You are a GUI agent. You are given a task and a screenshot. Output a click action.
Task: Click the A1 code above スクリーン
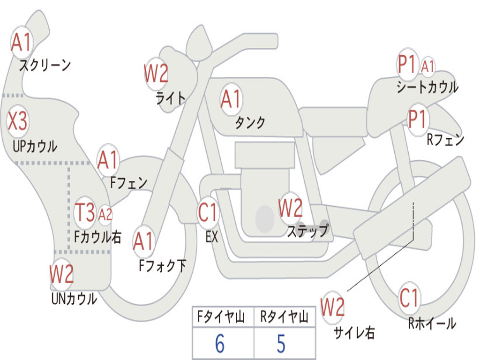point(21,42)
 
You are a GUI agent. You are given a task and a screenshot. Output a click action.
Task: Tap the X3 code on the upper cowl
point(17,120)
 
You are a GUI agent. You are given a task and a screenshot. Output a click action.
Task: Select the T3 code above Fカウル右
point(85,212)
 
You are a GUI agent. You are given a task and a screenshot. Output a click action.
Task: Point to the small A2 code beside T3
point(105,215)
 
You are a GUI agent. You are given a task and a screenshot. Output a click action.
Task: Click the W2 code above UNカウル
point(61,274)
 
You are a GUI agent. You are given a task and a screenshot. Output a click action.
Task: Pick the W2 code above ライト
point(156,73)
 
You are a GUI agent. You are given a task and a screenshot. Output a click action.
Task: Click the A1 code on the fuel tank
point(231,99)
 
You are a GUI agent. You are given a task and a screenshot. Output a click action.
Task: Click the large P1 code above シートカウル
point(406,64)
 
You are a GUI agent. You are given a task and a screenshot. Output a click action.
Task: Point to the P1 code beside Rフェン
point(417,119)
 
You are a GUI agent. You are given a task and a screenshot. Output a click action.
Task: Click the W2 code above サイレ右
point(332,307)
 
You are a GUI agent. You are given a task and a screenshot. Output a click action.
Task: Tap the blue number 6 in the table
point(220,344)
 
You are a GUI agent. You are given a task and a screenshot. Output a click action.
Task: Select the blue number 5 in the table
point(281,344)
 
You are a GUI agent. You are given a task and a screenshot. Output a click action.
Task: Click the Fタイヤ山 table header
point(221,317)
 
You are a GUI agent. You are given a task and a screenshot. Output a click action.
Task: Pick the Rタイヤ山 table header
point(284,317)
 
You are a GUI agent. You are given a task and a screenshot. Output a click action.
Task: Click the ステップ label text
point(307,231)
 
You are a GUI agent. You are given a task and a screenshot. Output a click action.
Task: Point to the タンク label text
point(250,122)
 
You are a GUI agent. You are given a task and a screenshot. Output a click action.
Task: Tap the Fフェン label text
point(129,183)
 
